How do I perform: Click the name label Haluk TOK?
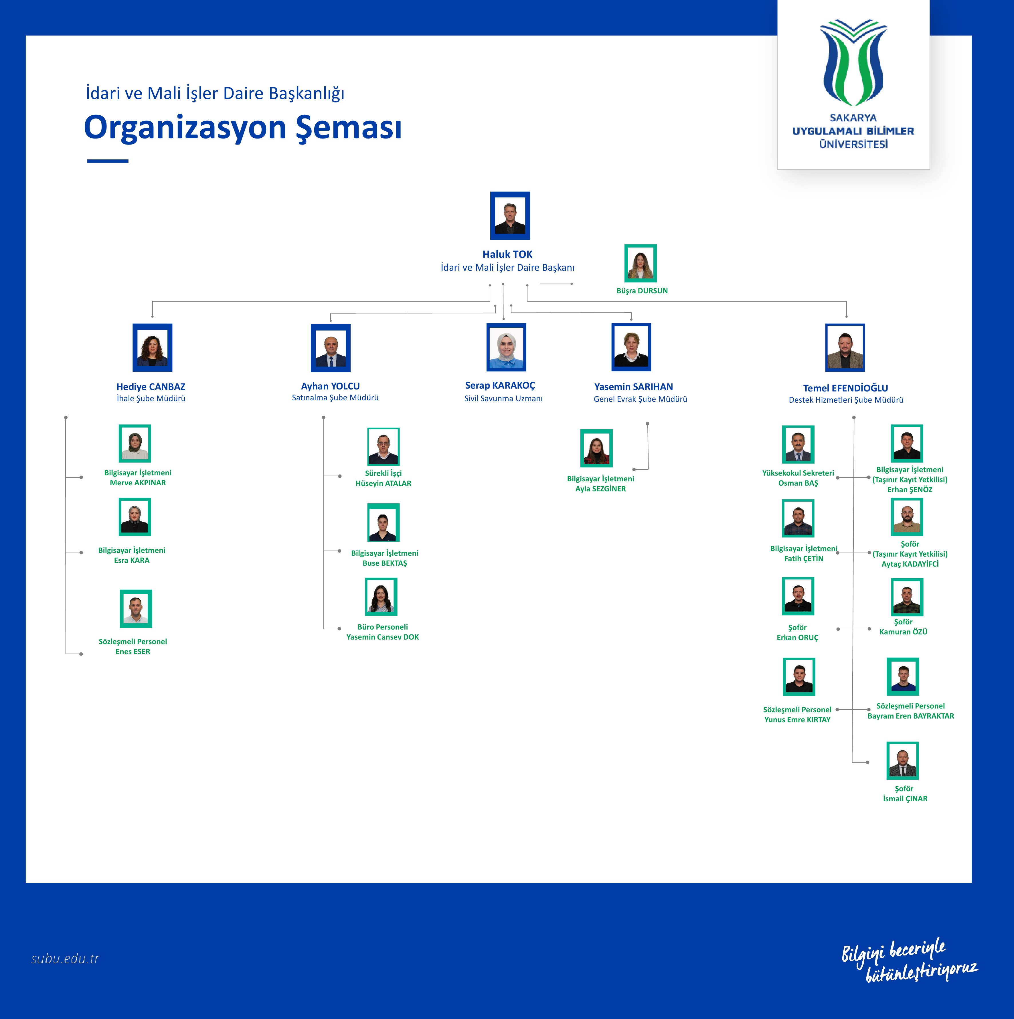tap(507, 254)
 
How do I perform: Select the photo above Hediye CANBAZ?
tap(153, 348)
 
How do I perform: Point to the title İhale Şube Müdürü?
tap(151, 399)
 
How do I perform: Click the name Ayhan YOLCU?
tap(330, 386)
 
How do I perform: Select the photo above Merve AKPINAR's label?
tap(135, 444)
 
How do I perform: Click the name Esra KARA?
tap(132, 560)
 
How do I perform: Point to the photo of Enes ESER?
tap(136, 609)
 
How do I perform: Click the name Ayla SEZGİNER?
tap(600, 489)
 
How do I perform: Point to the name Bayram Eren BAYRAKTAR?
tap(911, 716)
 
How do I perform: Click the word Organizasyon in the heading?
tap(185, 128)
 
